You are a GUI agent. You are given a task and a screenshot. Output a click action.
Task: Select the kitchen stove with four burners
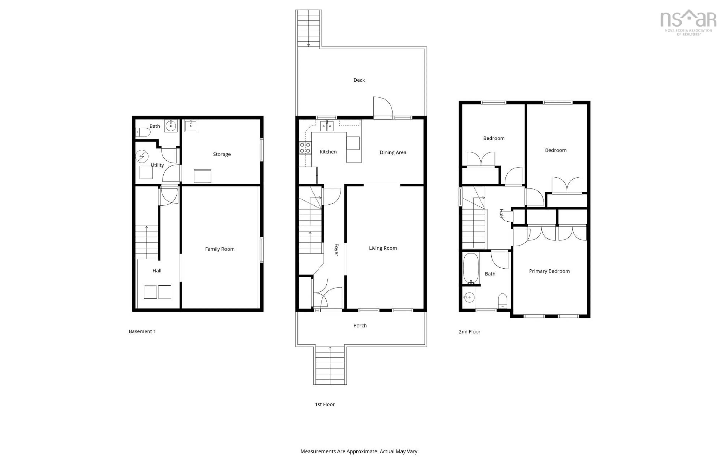click(x=305, y=148)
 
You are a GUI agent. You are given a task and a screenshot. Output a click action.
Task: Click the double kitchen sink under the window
click(x=327, y=126)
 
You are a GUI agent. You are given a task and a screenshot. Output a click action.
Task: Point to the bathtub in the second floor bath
click(x=471, y=268)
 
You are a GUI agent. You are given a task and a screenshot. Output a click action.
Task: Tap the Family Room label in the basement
click(x=220, y=249)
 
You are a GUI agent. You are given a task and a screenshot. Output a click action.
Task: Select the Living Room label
click(x=383, y=248)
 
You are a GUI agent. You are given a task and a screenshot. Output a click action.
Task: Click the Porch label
click(x=360, y=325)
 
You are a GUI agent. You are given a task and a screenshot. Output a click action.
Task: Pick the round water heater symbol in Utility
click(x=142, y=156)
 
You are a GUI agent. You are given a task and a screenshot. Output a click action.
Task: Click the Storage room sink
click(x=190, y=126)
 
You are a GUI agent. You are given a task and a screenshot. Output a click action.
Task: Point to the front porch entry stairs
click(x=330, y=365)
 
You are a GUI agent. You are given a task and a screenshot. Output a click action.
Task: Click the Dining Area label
click(x=393, y=152)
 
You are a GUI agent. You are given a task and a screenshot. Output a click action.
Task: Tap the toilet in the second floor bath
click(x=502, y=300)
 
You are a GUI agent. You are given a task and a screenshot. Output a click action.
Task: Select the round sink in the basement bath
click(x=171, y=126)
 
